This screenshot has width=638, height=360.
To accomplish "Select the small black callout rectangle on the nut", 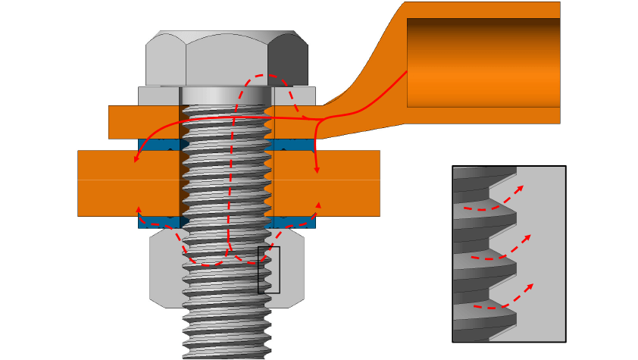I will [x=269, y=270].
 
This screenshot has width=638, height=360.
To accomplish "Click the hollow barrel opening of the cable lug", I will [x=483, y=62].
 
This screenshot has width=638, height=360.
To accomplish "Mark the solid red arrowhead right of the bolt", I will [x=317, y=170].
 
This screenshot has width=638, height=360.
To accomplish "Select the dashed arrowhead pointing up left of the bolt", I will [x=138, y=208].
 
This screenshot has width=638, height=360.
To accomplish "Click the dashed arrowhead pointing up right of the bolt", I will [x=318, y=205].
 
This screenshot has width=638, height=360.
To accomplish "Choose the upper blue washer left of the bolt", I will [x=158, y=144].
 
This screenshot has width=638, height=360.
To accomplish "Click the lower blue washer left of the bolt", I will [x=158, y=222].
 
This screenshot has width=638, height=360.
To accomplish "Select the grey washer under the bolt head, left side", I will [x=158, y=96].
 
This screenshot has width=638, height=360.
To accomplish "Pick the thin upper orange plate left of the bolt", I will [x=144, y=122].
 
